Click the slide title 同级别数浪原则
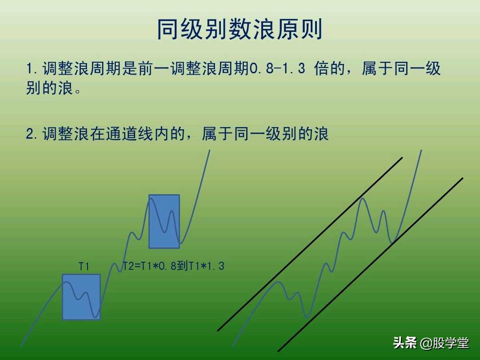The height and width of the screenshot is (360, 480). (x=240, y=29)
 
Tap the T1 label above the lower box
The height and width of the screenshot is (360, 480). (x=84, y=266)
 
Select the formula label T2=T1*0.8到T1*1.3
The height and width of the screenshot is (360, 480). (x=173, y=266)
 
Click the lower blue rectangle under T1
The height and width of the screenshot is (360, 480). (x=81, y=297)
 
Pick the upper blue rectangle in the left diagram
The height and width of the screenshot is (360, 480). (x=164, y=221)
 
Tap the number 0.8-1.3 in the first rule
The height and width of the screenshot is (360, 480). (x=277, y=69)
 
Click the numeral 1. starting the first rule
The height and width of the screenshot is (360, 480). (x=31, y=69)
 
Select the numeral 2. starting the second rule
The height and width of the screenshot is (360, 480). (x=31, y=134)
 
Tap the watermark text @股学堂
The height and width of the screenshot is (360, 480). (x=444, y=343)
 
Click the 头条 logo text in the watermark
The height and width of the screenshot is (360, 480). (x=405, y=343)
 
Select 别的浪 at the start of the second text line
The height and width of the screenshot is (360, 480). (x=50, y=88)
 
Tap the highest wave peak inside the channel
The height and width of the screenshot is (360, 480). (x=363, y=198)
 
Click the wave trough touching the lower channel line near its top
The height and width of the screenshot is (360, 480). (x=392, y=242)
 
